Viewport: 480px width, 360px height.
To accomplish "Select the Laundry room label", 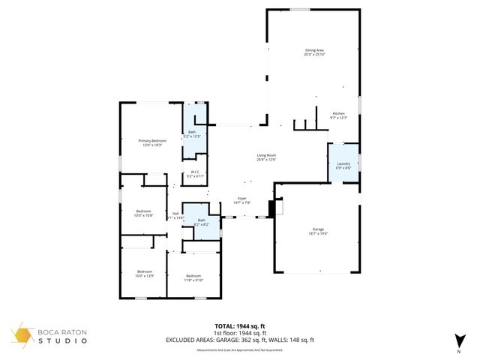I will click(344, 165).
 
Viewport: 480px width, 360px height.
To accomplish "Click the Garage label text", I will click(319, 231).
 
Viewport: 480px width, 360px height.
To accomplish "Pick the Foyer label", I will click(243, 200).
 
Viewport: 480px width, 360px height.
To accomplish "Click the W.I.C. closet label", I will click(194, 174).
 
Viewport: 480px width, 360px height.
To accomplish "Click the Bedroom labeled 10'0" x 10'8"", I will click(144, 213).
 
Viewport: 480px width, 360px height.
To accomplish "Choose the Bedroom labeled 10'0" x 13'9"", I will click(144, 272).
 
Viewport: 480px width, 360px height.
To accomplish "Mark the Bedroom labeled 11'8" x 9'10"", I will click(194, 277).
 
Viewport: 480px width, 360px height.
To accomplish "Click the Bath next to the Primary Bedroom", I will click(192, 133).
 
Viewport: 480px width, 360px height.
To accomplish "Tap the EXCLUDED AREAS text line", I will click(239, 340).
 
